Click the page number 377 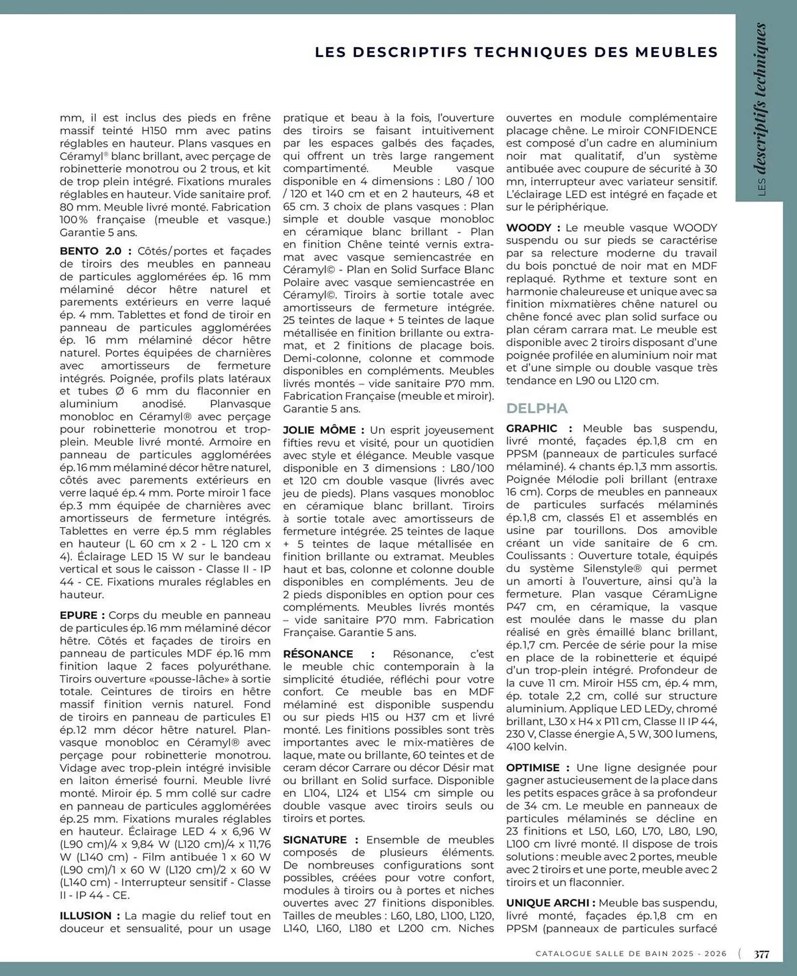[x=761, y=954]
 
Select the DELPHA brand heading [x=537, y=408]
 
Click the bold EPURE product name [x=79, y=615]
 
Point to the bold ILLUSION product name [x=86, y=916]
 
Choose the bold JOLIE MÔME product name [x=320, y=430]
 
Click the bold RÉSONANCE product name [x=318, y=654]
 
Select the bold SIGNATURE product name [x=315, y=840]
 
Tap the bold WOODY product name [x=529, y=228]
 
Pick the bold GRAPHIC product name [x=531, y=428]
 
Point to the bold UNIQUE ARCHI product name [x=547, y=903]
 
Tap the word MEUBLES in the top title [x=680, y=52]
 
